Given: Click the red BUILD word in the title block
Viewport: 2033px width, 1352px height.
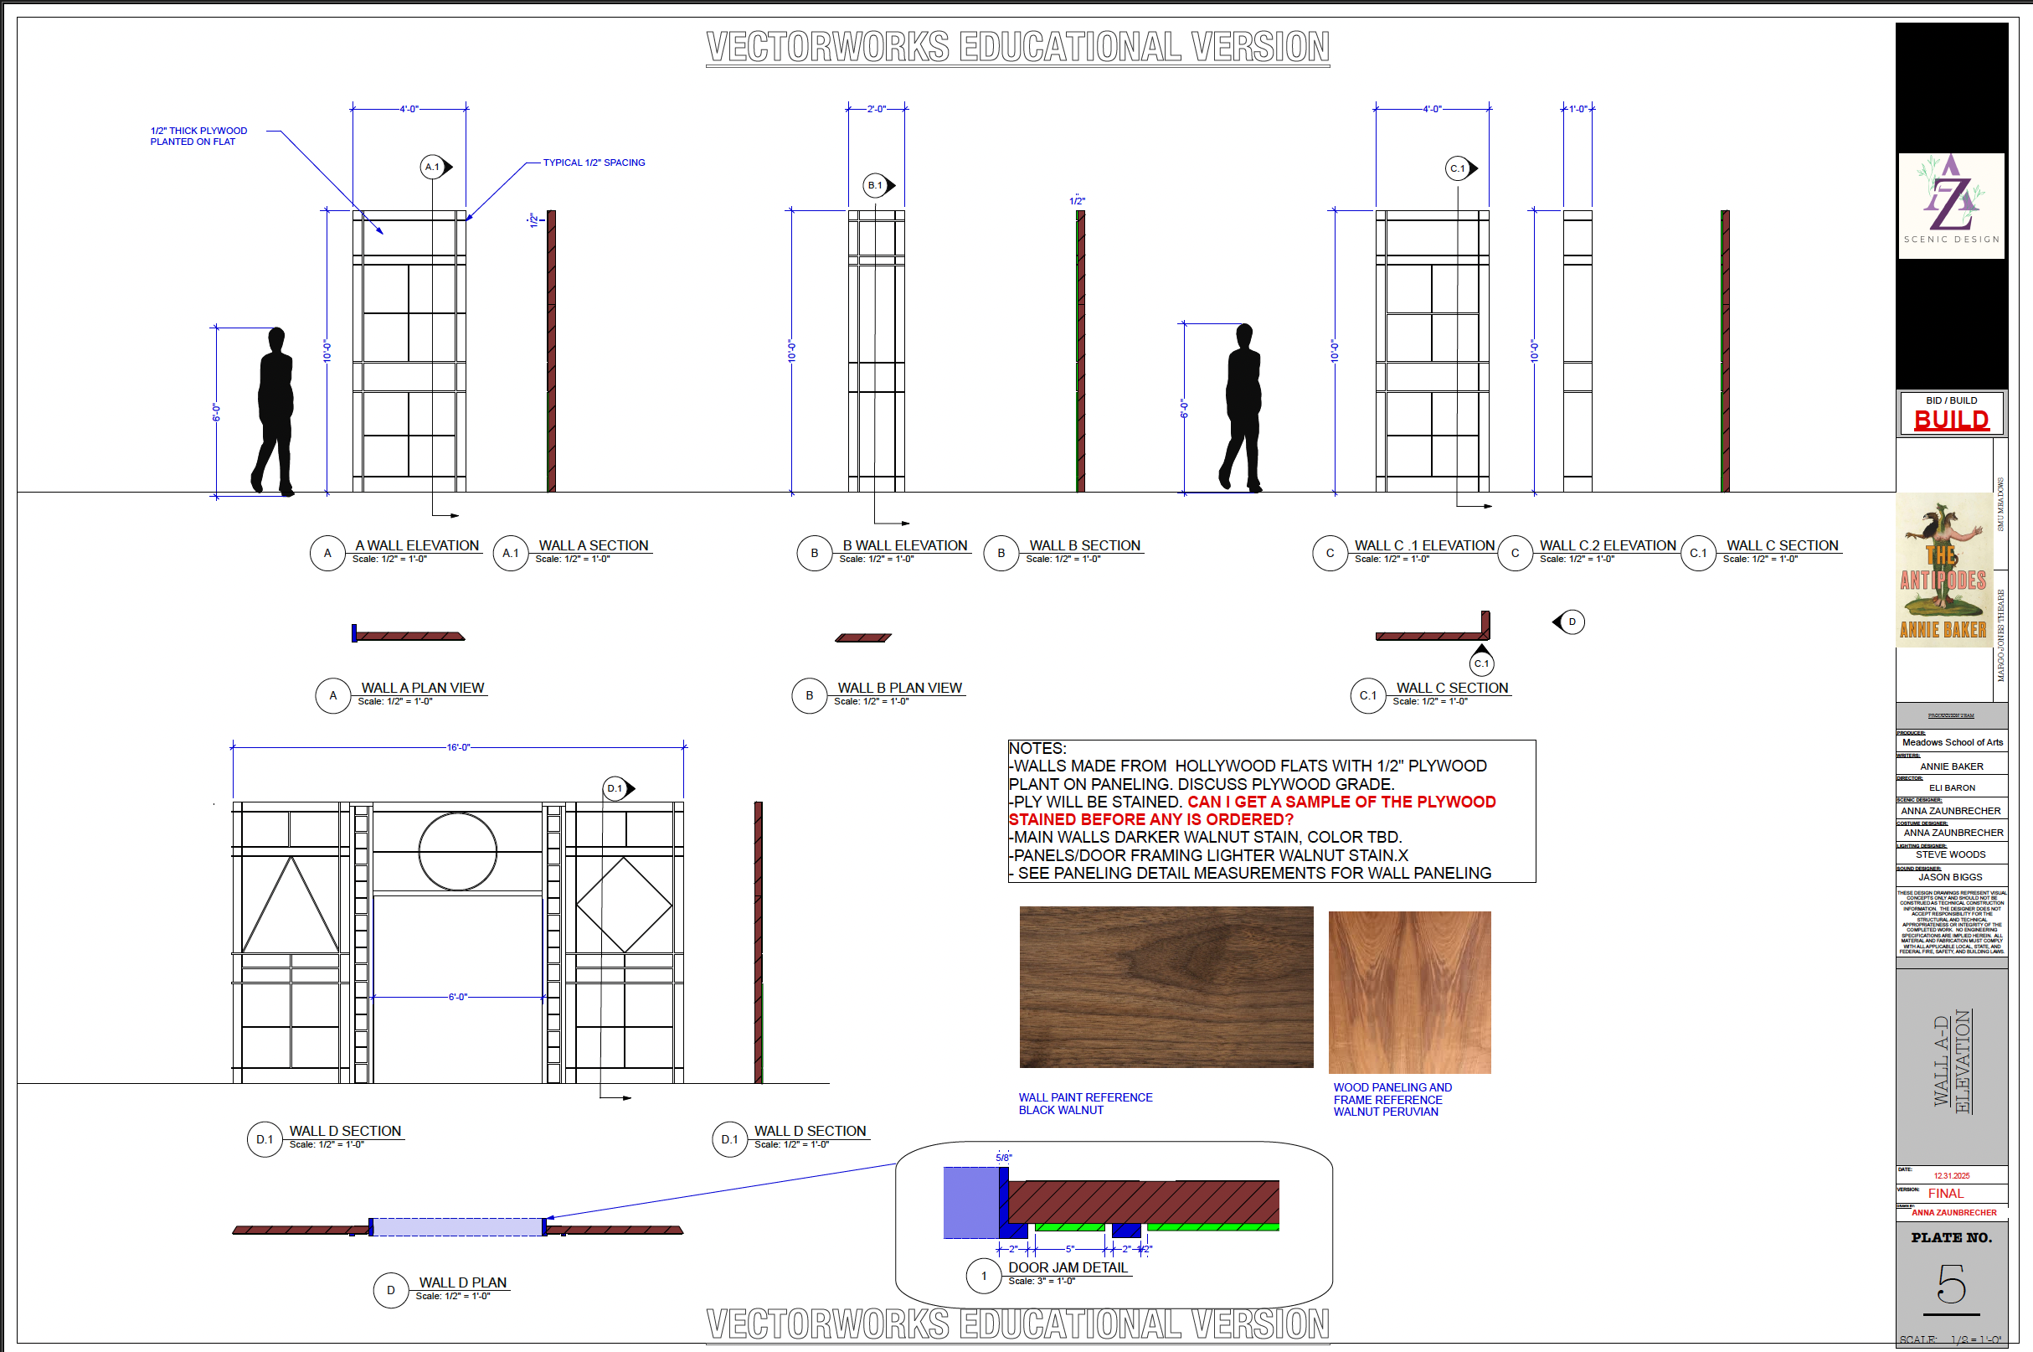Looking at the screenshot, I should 1951,420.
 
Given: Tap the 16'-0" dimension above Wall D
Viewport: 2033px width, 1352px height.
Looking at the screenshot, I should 458,747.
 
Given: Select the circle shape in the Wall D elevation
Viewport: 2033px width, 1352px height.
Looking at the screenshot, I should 458,852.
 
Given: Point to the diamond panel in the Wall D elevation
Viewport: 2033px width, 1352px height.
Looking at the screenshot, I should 624,905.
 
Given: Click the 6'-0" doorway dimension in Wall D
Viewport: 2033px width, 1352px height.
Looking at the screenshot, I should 458,997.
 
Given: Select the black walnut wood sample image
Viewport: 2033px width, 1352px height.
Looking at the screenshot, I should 1166,987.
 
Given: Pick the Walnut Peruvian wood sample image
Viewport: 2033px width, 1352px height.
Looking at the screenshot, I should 1409,992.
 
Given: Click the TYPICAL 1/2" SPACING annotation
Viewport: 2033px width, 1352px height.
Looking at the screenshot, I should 594,163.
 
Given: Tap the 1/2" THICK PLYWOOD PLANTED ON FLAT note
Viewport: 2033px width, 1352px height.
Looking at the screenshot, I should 198,137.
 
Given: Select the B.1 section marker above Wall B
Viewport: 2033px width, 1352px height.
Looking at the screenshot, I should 876,185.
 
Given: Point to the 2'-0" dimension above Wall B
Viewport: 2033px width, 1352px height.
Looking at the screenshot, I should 876,110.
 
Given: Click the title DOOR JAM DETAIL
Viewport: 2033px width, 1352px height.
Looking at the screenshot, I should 1068,1267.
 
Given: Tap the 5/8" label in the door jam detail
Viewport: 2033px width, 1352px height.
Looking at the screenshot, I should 1003,1158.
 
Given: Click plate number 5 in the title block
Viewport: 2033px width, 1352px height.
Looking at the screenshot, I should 1951,1285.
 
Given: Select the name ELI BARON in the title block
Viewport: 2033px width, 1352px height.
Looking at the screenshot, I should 1951,787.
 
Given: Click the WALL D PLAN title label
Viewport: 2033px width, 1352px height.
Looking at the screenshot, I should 463,1282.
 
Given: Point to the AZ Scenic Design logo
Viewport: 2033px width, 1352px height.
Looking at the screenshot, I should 1951,205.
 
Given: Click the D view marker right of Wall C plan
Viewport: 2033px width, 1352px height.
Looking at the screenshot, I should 1570,622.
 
